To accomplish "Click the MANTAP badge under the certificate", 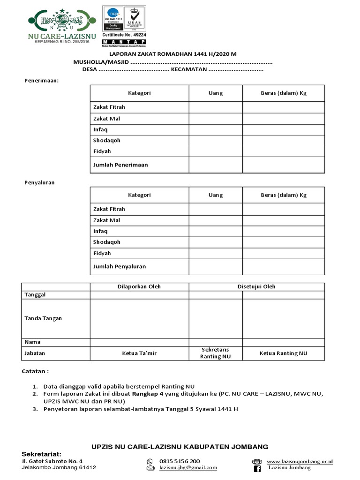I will pos(124,42).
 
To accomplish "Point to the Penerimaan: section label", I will pos(41,80).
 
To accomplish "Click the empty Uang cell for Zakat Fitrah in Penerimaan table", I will pos(216,107).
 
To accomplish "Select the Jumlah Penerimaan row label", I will pos(120,165).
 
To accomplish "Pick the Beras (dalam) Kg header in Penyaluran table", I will pos(283,195).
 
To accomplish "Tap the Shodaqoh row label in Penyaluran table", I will pos(107,242).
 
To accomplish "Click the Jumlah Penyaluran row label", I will pos(120,266).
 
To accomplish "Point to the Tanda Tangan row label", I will pos(43,318).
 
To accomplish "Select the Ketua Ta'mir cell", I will pos(139,353).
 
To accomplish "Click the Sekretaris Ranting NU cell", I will pos(216,353).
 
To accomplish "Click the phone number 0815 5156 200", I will pos(180,461).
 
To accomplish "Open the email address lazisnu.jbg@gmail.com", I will pos(188,467).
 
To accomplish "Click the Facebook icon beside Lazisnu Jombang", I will pos(257,468).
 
